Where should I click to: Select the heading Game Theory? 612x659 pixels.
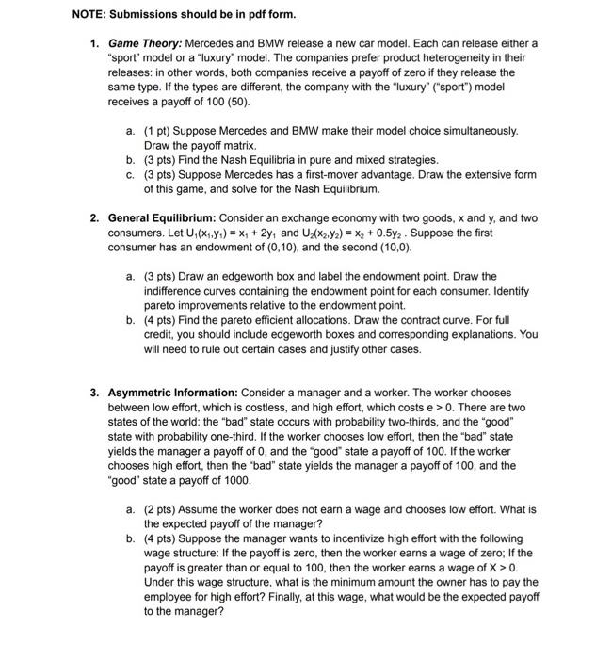coord(146,44)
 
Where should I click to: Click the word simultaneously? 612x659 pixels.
coord(481,132)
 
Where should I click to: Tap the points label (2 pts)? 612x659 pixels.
coord(162,509)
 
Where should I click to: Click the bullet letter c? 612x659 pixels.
coord(129,174)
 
